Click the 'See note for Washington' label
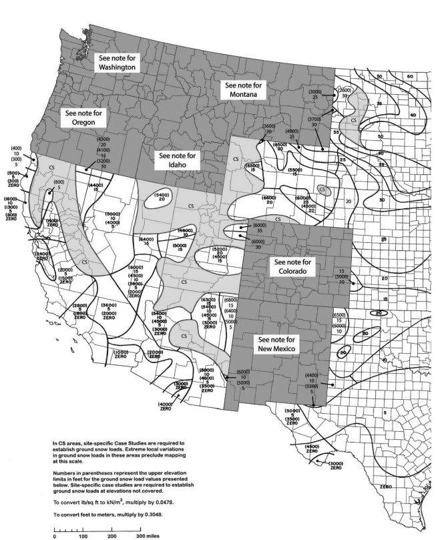tap(117, 63)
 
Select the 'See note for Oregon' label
tap(83, 117)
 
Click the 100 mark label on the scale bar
tap(83, 535)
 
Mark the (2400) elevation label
tap(43, 254)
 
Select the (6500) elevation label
tap(339, 314)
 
